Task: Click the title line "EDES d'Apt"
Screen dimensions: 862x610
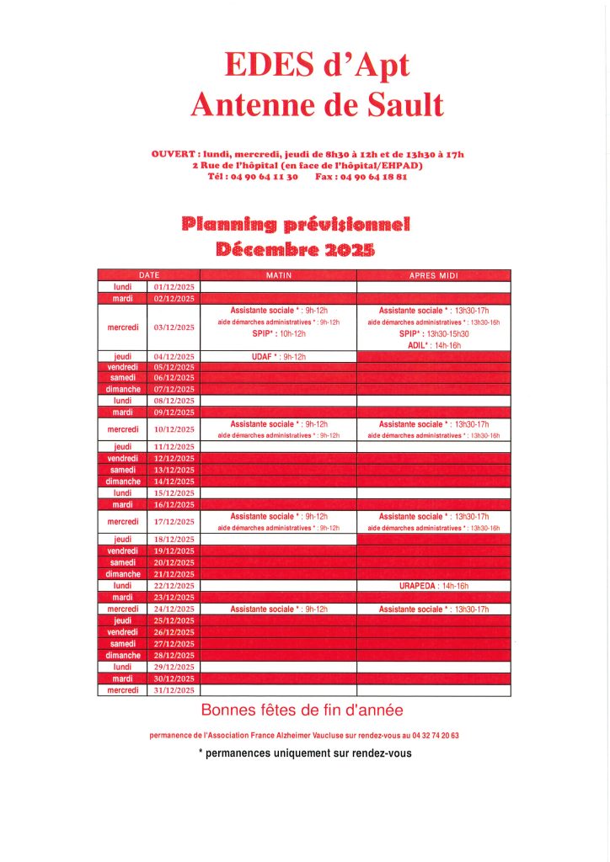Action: (x=316, y=66)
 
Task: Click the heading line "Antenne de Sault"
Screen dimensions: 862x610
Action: (x=316, y=104)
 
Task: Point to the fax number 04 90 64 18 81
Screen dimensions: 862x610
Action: (x=372, y=177)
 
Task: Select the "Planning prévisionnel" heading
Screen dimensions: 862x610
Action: (x=296, y=224)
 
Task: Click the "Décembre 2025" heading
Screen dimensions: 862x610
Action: (x=296, y=249)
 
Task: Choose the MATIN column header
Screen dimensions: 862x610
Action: (x=278, y=275)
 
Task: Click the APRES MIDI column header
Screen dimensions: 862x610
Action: (x=433, y=275)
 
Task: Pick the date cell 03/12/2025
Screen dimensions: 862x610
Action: (x=174, y=327)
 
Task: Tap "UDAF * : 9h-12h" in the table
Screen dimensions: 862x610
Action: (x=278, y=357)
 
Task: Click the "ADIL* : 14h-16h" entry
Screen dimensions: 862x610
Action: (x=433, y=345)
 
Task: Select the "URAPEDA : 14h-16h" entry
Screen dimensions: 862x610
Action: (x=433, y=586)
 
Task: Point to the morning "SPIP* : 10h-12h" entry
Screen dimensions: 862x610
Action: (x=278, y=333)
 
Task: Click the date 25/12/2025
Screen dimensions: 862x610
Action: (x=174, y=620)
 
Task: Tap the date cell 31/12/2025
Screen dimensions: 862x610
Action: (x=174, y=690)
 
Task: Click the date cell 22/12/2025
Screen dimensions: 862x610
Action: (x=174, y=586)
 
